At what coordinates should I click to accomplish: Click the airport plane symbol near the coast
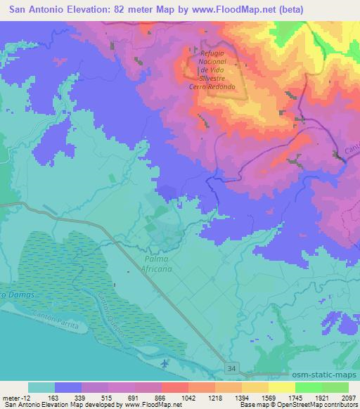pos(165,363)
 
